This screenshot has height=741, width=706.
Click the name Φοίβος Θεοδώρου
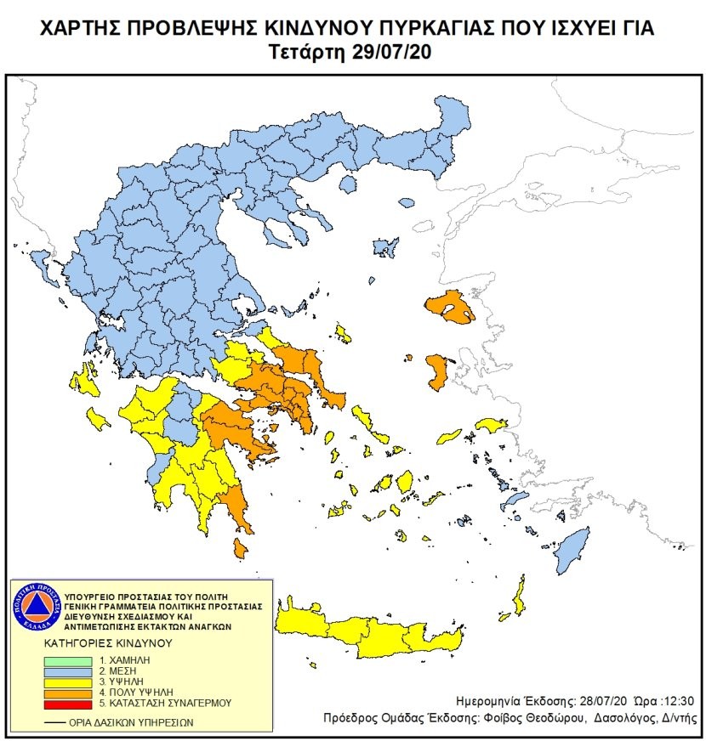tap(539, 718)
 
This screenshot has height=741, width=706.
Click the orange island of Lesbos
tap(451, 308)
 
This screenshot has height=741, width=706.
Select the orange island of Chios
tap(438, 372)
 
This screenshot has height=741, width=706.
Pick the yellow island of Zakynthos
tap(98, 418)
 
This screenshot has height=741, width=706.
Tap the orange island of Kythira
tap(242, 552)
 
